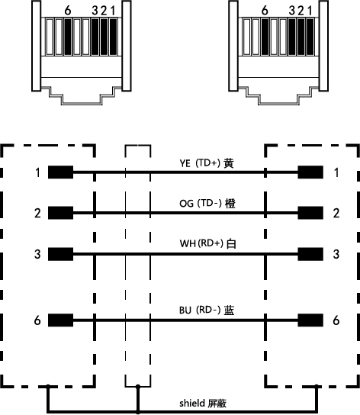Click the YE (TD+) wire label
click(x=207, y=163)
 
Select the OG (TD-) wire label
click(x=207, y=204)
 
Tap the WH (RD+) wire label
click(x=207, y=243)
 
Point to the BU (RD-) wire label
click(x=207, y=310)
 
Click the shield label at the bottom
click(x=203, y=403)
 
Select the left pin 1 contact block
click(x=60, y=172)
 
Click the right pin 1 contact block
click(x=310, y=172)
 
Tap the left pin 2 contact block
click(x=60, y=213)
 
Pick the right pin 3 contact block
click(x=310, y=254)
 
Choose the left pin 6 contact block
click(x=60, y=320)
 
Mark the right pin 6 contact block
click(x=310, y=320)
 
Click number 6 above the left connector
click(x=68, y=11)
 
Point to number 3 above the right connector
click(x=291, y=11)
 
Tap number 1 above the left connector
click(x=113, y=11)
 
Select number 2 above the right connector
click(x=301, y=11)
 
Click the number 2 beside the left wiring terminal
click(x=37, y=213)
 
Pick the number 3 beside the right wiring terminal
click(x=336, y=254)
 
